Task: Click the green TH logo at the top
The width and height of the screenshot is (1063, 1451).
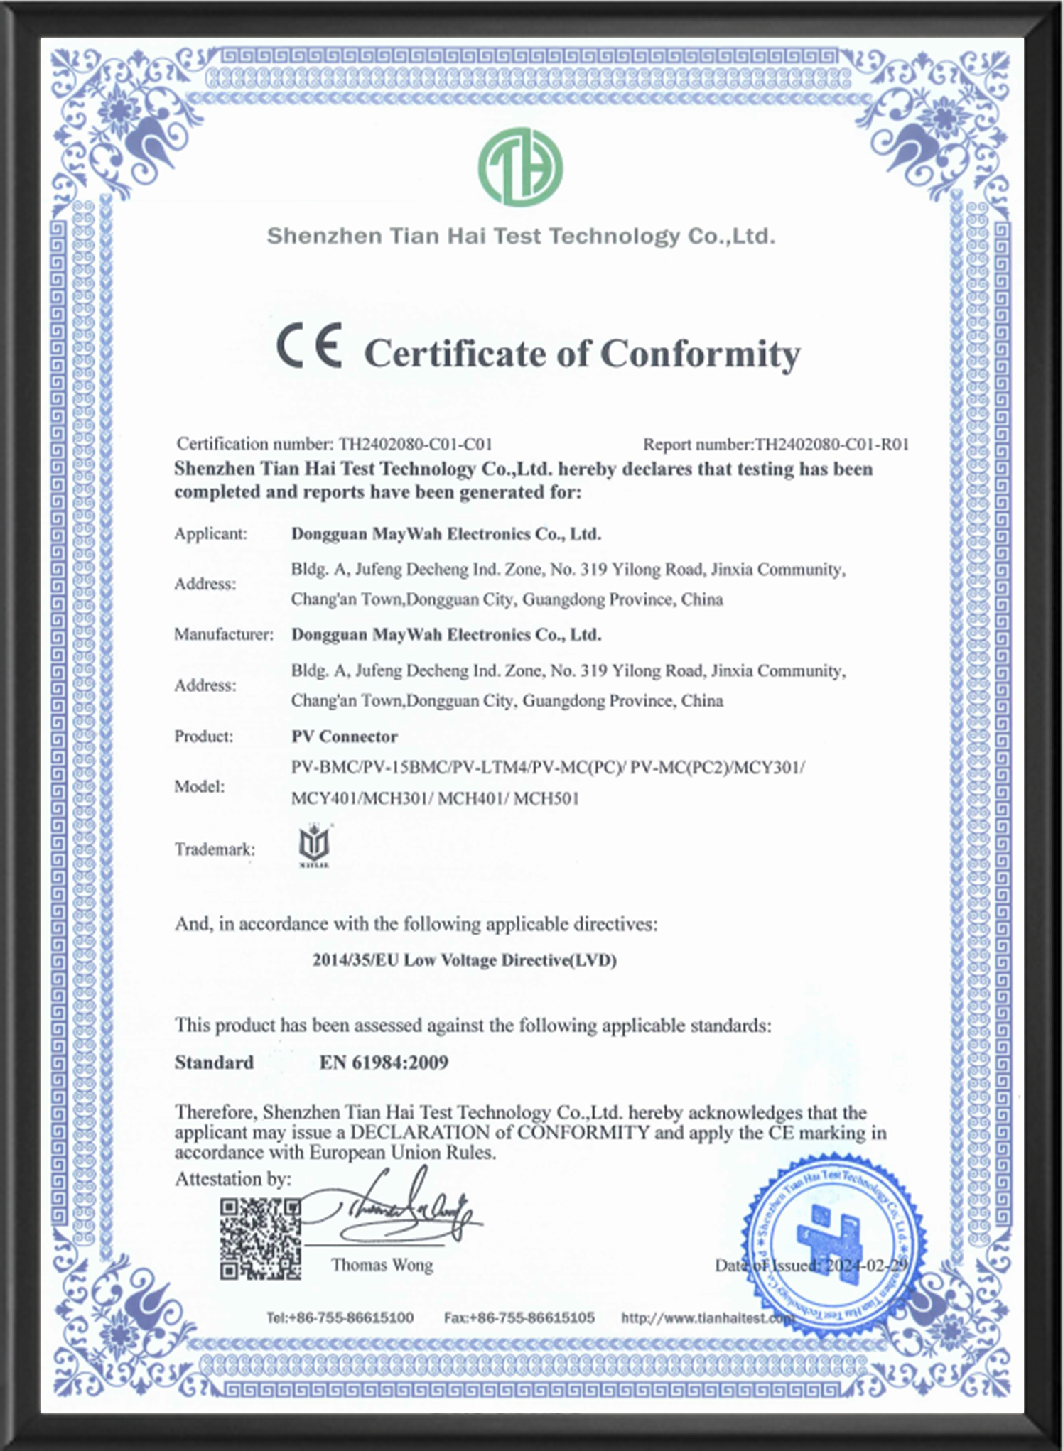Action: (520, 167)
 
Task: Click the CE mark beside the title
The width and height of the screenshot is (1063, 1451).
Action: (309, 345)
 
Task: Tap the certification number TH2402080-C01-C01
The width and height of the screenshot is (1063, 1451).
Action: (415, 444)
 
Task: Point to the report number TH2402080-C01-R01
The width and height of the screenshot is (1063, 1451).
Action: (831, 445)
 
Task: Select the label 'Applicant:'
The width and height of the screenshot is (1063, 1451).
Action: (211, 533)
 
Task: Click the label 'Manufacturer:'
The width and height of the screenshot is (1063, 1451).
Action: (224, 634)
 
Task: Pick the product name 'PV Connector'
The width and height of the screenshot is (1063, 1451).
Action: (345, 737)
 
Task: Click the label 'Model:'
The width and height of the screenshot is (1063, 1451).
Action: (200, 786)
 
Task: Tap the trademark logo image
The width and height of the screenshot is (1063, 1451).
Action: (313, 845)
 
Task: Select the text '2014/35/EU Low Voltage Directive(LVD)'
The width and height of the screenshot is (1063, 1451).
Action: (464, 960)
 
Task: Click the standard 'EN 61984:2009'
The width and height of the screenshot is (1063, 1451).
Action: (384, 1063)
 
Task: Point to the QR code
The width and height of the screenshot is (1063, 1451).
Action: (260, 1239)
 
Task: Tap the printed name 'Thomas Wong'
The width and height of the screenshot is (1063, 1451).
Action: (382, 1265)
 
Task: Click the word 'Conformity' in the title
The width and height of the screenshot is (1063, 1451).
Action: (700, 354)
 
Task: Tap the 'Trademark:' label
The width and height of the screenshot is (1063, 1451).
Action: (215, 849)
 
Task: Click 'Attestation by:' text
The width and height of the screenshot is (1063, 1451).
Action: (233, 1179)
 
